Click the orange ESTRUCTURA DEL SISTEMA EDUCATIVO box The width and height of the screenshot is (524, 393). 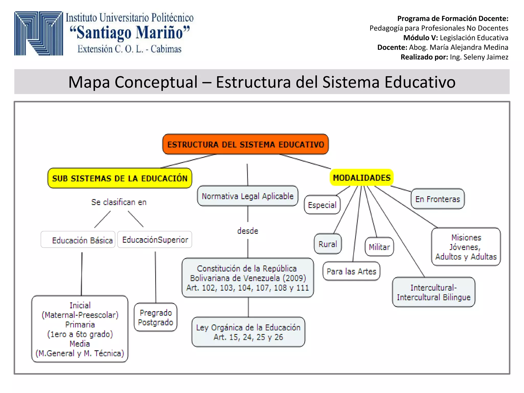[245, 144]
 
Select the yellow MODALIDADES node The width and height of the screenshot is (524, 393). [362, 178]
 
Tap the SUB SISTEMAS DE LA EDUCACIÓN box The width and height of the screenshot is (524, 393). [120, 178]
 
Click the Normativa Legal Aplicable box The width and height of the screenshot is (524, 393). [247, 196]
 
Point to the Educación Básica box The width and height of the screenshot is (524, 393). [78, 240]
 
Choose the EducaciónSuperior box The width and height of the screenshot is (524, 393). [155, 240]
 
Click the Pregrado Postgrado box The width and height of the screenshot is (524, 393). [156, 317]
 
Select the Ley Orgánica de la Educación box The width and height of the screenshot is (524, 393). [248, 332]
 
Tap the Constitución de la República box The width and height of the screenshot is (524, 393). [247, 278]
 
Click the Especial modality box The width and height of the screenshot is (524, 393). [322, 205]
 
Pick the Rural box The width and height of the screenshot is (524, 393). [327, 244]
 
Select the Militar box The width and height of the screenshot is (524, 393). [379, 247]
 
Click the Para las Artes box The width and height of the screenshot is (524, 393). [351, 271]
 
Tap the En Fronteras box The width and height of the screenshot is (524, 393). [438, 199]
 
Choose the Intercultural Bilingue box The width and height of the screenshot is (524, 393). [433, 292]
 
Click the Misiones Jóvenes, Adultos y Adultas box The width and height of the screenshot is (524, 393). [466, 247]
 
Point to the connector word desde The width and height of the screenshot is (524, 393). [247, 231]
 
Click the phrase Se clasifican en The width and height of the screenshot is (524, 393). [119, 202]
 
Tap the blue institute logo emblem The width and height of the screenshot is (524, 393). [38, 33]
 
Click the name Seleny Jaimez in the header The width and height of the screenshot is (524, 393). [486, 57]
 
